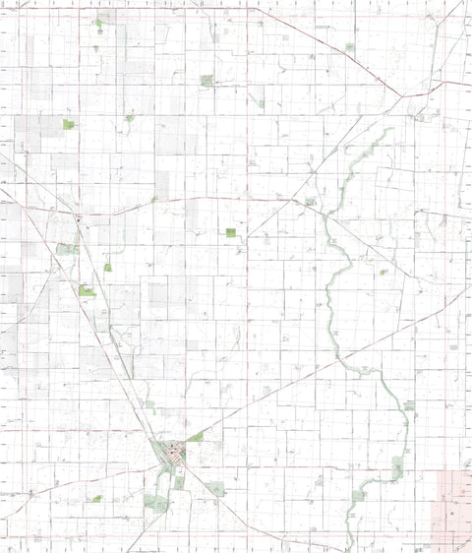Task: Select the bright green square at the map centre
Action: pos(230,232)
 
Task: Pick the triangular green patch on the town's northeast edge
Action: pos(198,436)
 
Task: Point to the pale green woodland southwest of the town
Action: pos(153,501)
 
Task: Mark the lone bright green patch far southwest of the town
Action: pos(97,499)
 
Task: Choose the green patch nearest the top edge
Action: pos(97,23)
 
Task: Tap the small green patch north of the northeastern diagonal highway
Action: pos(349,46)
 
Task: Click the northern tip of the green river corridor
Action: pos(391,129)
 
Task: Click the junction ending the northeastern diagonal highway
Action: pos(402,95)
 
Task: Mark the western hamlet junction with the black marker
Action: pos(78,218)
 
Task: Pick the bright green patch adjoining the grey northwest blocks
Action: pos(68,124)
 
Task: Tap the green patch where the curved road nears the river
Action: pos(311,202)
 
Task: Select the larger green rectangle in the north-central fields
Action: pos(206,81)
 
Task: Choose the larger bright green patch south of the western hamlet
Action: pos(87,290)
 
